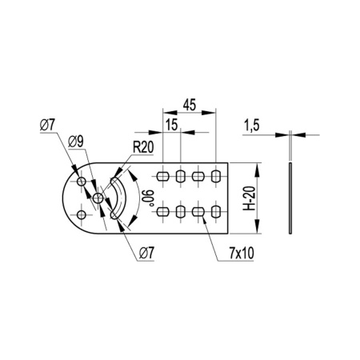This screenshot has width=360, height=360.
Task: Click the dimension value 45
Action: (189, 105)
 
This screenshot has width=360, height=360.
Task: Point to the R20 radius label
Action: (144, 147)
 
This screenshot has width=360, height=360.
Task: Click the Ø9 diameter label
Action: (78, 142)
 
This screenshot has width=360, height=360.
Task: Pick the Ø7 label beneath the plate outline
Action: (146, 253)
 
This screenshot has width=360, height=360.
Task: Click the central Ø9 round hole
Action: (98, 198)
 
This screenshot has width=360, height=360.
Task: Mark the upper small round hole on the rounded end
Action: (81, 183)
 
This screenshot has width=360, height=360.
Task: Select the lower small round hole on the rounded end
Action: (81, 214)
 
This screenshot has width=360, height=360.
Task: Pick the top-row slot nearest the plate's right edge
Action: (216, 175)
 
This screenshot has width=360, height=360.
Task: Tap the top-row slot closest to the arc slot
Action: (163, 175)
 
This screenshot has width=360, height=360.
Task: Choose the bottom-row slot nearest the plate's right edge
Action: (216, 212)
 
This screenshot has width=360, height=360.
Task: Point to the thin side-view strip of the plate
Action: (291, 200)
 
